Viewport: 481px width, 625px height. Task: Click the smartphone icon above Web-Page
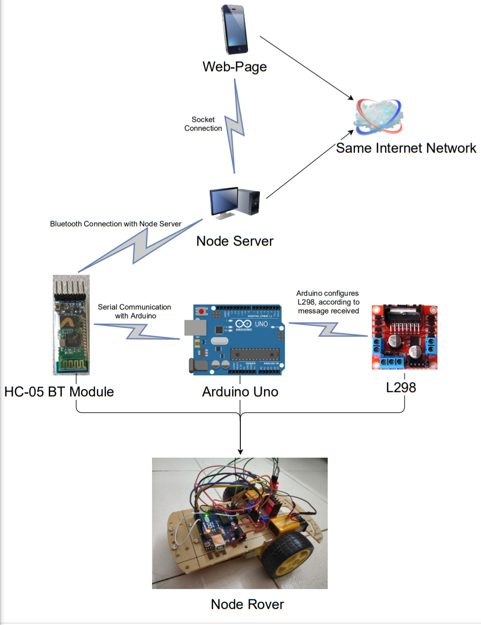point(235,30)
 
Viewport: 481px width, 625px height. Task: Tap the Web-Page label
point(234,67)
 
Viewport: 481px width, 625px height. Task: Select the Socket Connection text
point(203,124)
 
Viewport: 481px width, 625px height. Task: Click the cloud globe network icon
point(379,117)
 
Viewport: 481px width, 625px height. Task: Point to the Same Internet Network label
point(405,148)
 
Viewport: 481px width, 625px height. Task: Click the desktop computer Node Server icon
point(234,202)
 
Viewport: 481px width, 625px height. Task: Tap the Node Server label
point(235,241)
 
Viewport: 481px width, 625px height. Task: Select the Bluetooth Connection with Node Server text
point(116,224)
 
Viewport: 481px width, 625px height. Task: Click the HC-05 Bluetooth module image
point(71,325)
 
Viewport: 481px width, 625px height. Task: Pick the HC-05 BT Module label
point(59,391)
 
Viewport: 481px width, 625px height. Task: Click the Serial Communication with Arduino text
point(135,311)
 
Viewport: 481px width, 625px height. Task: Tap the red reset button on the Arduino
point(201,311)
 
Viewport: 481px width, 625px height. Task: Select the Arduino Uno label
point(240,391)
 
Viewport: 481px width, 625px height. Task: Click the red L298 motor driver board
point(404,337)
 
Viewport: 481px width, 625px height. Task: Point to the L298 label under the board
point(401,387)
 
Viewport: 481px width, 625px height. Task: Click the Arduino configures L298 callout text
point(328,302)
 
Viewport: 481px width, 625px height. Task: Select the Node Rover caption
point(247,604)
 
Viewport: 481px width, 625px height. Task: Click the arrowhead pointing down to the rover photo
point(240,451)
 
